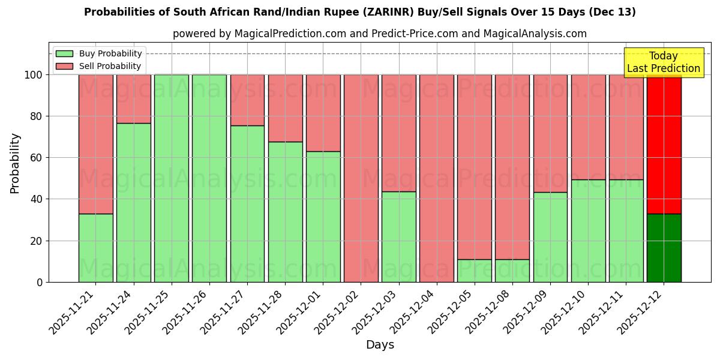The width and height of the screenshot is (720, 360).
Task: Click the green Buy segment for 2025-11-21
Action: point(95,248)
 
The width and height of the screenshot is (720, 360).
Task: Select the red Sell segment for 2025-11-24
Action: point(133,98)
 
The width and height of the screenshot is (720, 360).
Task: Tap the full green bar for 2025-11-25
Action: point(171,178)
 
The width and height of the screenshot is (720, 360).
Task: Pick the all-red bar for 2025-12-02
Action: point(361,178)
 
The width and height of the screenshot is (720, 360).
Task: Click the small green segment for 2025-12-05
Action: point(474,271)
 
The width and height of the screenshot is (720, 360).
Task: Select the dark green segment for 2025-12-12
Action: point(664,248)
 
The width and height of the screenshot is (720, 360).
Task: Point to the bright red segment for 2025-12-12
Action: point(664,144)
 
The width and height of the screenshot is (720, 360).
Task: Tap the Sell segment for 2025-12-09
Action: point(550,133)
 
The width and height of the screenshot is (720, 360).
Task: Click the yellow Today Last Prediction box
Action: point(663,62)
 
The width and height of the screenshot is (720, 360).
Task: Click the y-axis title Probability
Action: point(15,163)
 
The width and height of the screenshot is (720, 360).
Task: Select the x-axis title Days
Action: point(380,345)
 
